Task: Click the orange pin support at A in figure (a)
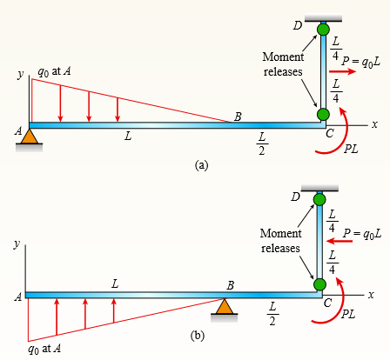click(30, 137)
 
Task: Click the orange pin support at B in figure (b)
click(224, 307)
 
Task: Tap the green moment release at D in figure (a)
click(323, 30)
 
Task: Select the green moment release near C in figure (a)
click(323, 114)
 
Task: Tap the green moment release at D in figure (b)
click(319, 199)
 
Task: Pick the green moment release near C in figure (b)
click(319, 284)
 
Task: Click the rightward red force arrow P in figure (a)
click(342, 71)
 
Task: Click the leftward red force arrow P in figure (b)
click(340, 241)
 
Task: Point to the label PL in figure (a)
click(351, 149)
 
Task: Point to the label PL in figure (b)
click(348, 314)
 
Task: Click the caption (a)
click(202, 165)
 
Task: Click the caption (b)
click(198, 336)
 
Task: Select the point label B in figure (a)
click(238, 117)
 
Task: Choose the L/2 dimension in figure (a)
click(262, 143)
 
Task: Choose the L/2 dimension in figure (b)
click(272, 314)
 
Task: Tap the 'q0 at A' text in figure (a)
click(54, 71)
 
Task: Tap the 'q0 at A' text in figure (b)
click(44, 349)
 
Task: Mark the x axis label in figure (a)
click(375, 124)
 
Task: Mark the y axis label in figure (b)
click(17, 244)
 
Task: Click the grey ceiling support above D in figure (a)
click(323, 18)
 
